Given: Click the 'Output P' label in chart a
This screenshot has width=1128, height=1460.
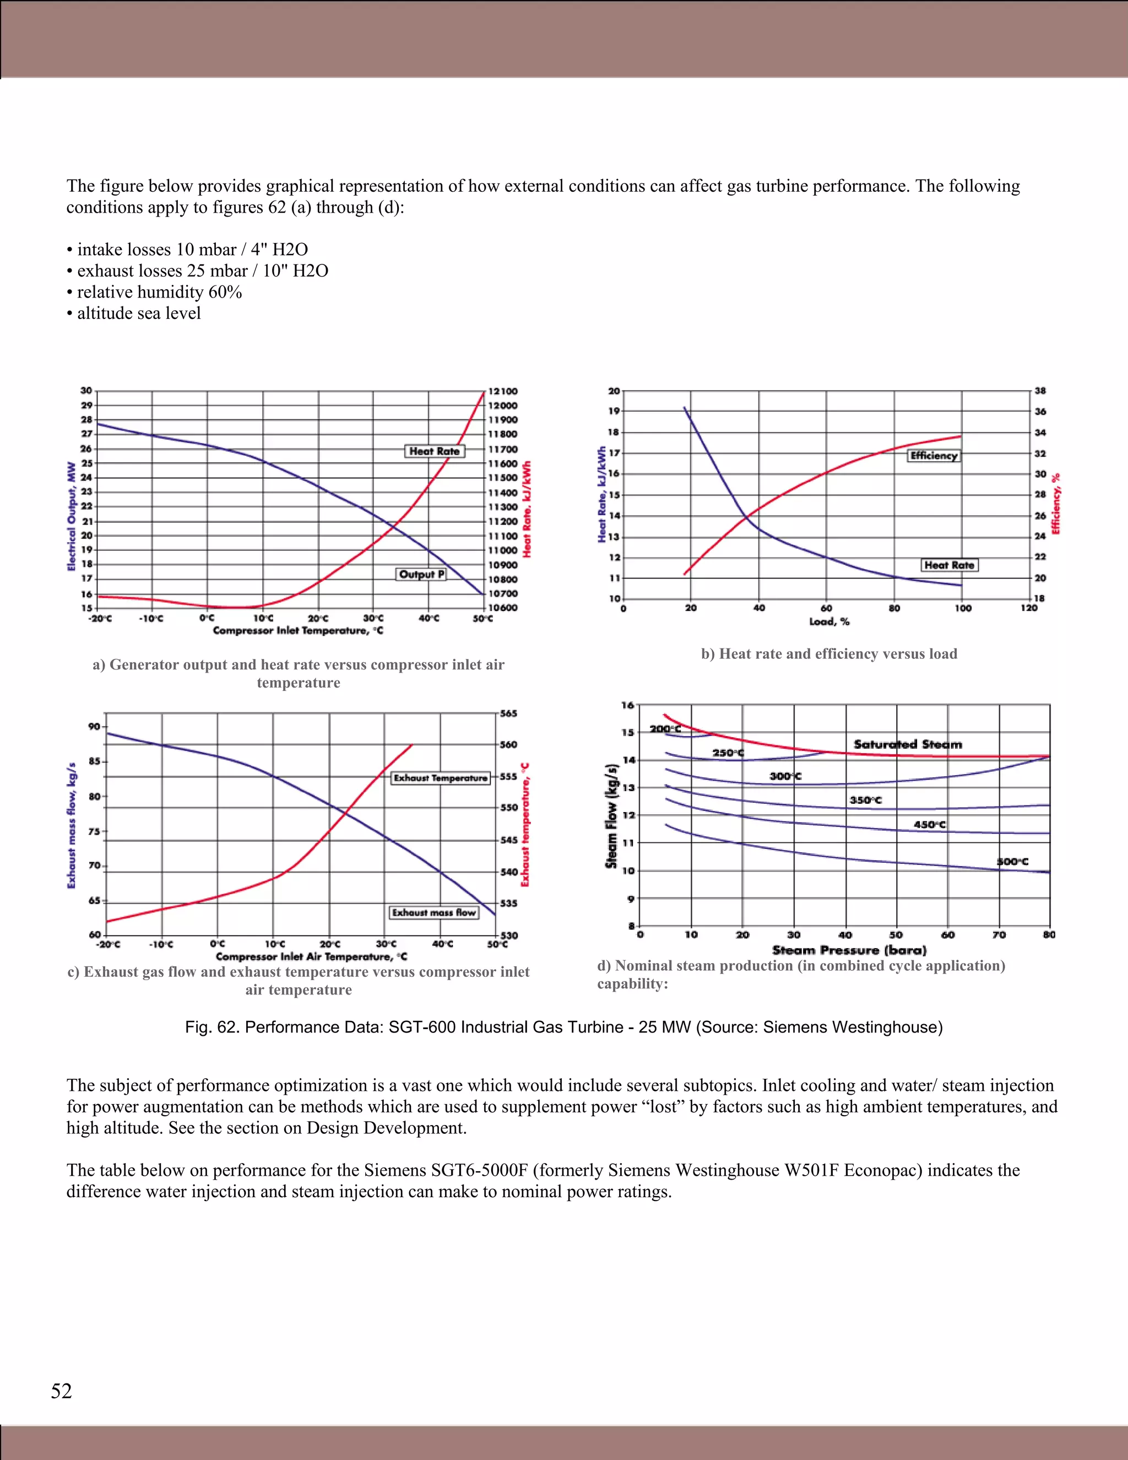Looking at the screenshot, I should [x=421, y=574].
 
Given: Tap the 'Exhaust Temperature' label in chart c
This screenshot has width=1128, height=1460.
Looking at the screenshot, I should [x=441, y=777].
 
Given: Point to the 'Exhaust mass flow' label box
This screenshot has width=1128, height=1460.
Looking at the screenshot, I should [x=433, y=912].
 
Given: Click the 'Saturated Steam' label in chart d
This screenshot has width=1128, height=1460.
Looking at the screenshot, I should [x=908, y=744].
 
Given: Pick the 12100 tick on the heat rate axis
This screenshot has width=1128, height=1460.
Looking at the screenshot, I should [x=502, y=391].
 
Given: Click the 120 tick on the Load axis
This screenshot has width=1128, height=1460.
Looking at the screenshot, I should [x=1028, y=608].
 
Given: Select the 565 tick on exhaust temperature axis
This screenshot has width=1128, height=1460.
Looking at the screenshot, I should [x=508, y=713].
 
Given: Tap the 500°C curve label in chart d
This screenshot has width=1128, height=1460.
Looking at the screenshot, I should [x=1012, y=861].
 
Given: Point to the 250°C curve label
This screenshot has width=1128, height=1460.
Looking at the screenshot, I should [x=727, y=753].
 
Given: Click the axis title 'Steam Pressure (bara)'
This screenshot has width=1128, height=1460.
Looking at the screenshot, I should [x=849, y=950].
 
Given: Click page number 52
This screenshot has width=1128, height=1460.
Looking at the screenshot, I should [x=62, y=1391].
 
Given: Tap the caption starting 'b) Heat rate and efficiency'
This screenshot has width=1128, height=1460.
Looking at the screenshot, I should [x=828, y=654].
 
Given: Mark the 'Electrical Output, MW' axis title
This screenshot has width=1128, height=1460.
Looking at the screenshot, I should [x=71, y=516].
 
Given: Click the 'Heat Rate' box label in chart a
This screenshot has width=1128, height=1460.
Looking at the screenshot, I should [x=435, y=451].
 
